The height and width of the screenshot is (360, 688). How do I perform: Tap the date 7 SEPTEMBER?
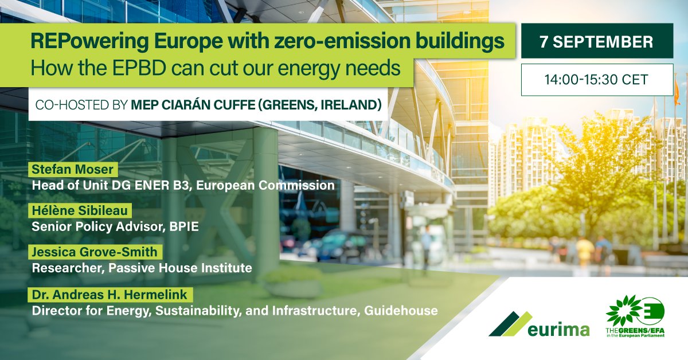tap(597, 41)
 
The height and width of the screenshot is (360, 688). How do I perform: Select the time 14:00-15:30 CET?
tap(597, 79)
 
